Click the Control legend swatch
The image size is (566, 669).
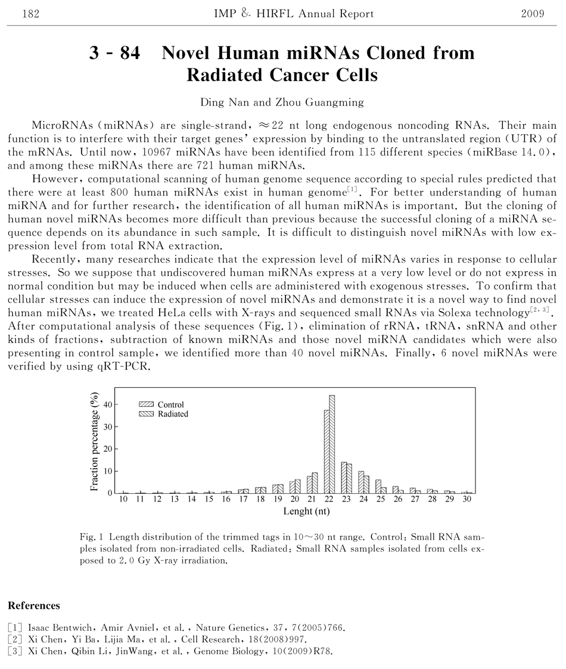click(147, 404)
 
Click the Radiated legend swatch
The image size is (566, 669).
click(147, 414)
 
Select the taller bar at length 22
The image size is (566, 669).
click(332, 444)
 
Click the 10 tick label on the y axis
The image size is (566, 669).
click(108, 471)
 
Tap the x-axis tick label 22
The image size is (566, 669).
click(329, 499)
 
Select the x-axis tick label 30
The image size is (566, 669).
click(467, 499)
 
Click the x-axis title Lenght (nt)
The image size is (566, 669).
click(306, 511)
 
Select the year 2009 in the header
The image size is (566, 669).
click(533, 14)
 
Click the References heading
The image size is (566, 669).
click(34, 606)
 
